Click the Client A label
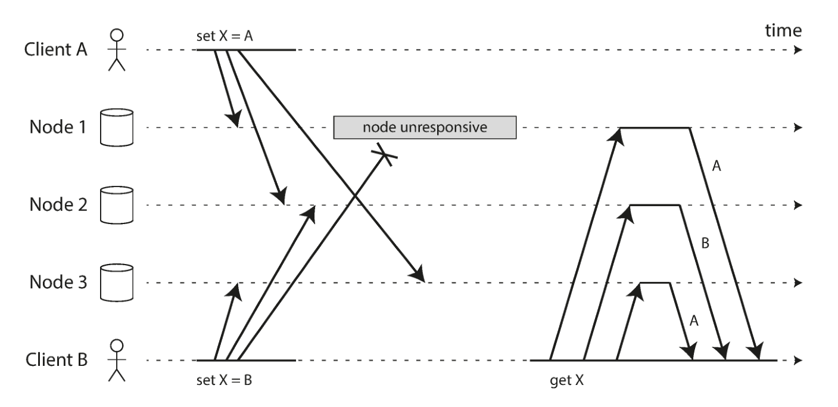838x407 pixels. pos(55,49)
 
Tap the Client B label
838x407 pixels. pos(57,360)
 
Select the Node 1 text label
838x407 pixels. pos(58,127)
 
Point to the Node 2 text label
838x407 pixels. pos(58,204)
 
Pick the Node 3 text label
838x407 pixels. pos(58,282)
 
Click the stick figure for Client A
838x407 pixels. pos(117,50)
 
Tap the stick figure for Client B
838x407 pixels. pos(117,360)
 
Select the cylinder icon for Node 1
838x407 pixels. pos(117,128)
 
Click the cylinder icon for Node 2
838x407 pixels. pos(117,205)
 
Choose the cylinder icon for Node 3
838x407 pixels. pos(117,282)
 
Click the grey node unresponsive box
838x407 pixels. pos(425,128)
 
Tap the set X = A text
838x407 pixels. pos(225,36)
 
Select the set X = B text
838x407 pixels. pos(224,380)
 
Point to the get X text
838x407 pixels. pos(567,380)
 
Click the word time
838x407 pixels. pos(783,30)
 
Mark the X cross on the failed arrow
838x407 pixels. pos(384,154)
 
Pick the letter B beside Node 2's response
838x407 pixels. pos(705,243)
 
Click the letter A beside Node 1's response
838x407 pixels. pos(716,166)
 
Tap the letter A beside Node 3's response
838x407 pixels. pos(694,321)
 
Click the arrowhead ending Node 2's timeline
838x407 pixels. pos(798,205)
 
